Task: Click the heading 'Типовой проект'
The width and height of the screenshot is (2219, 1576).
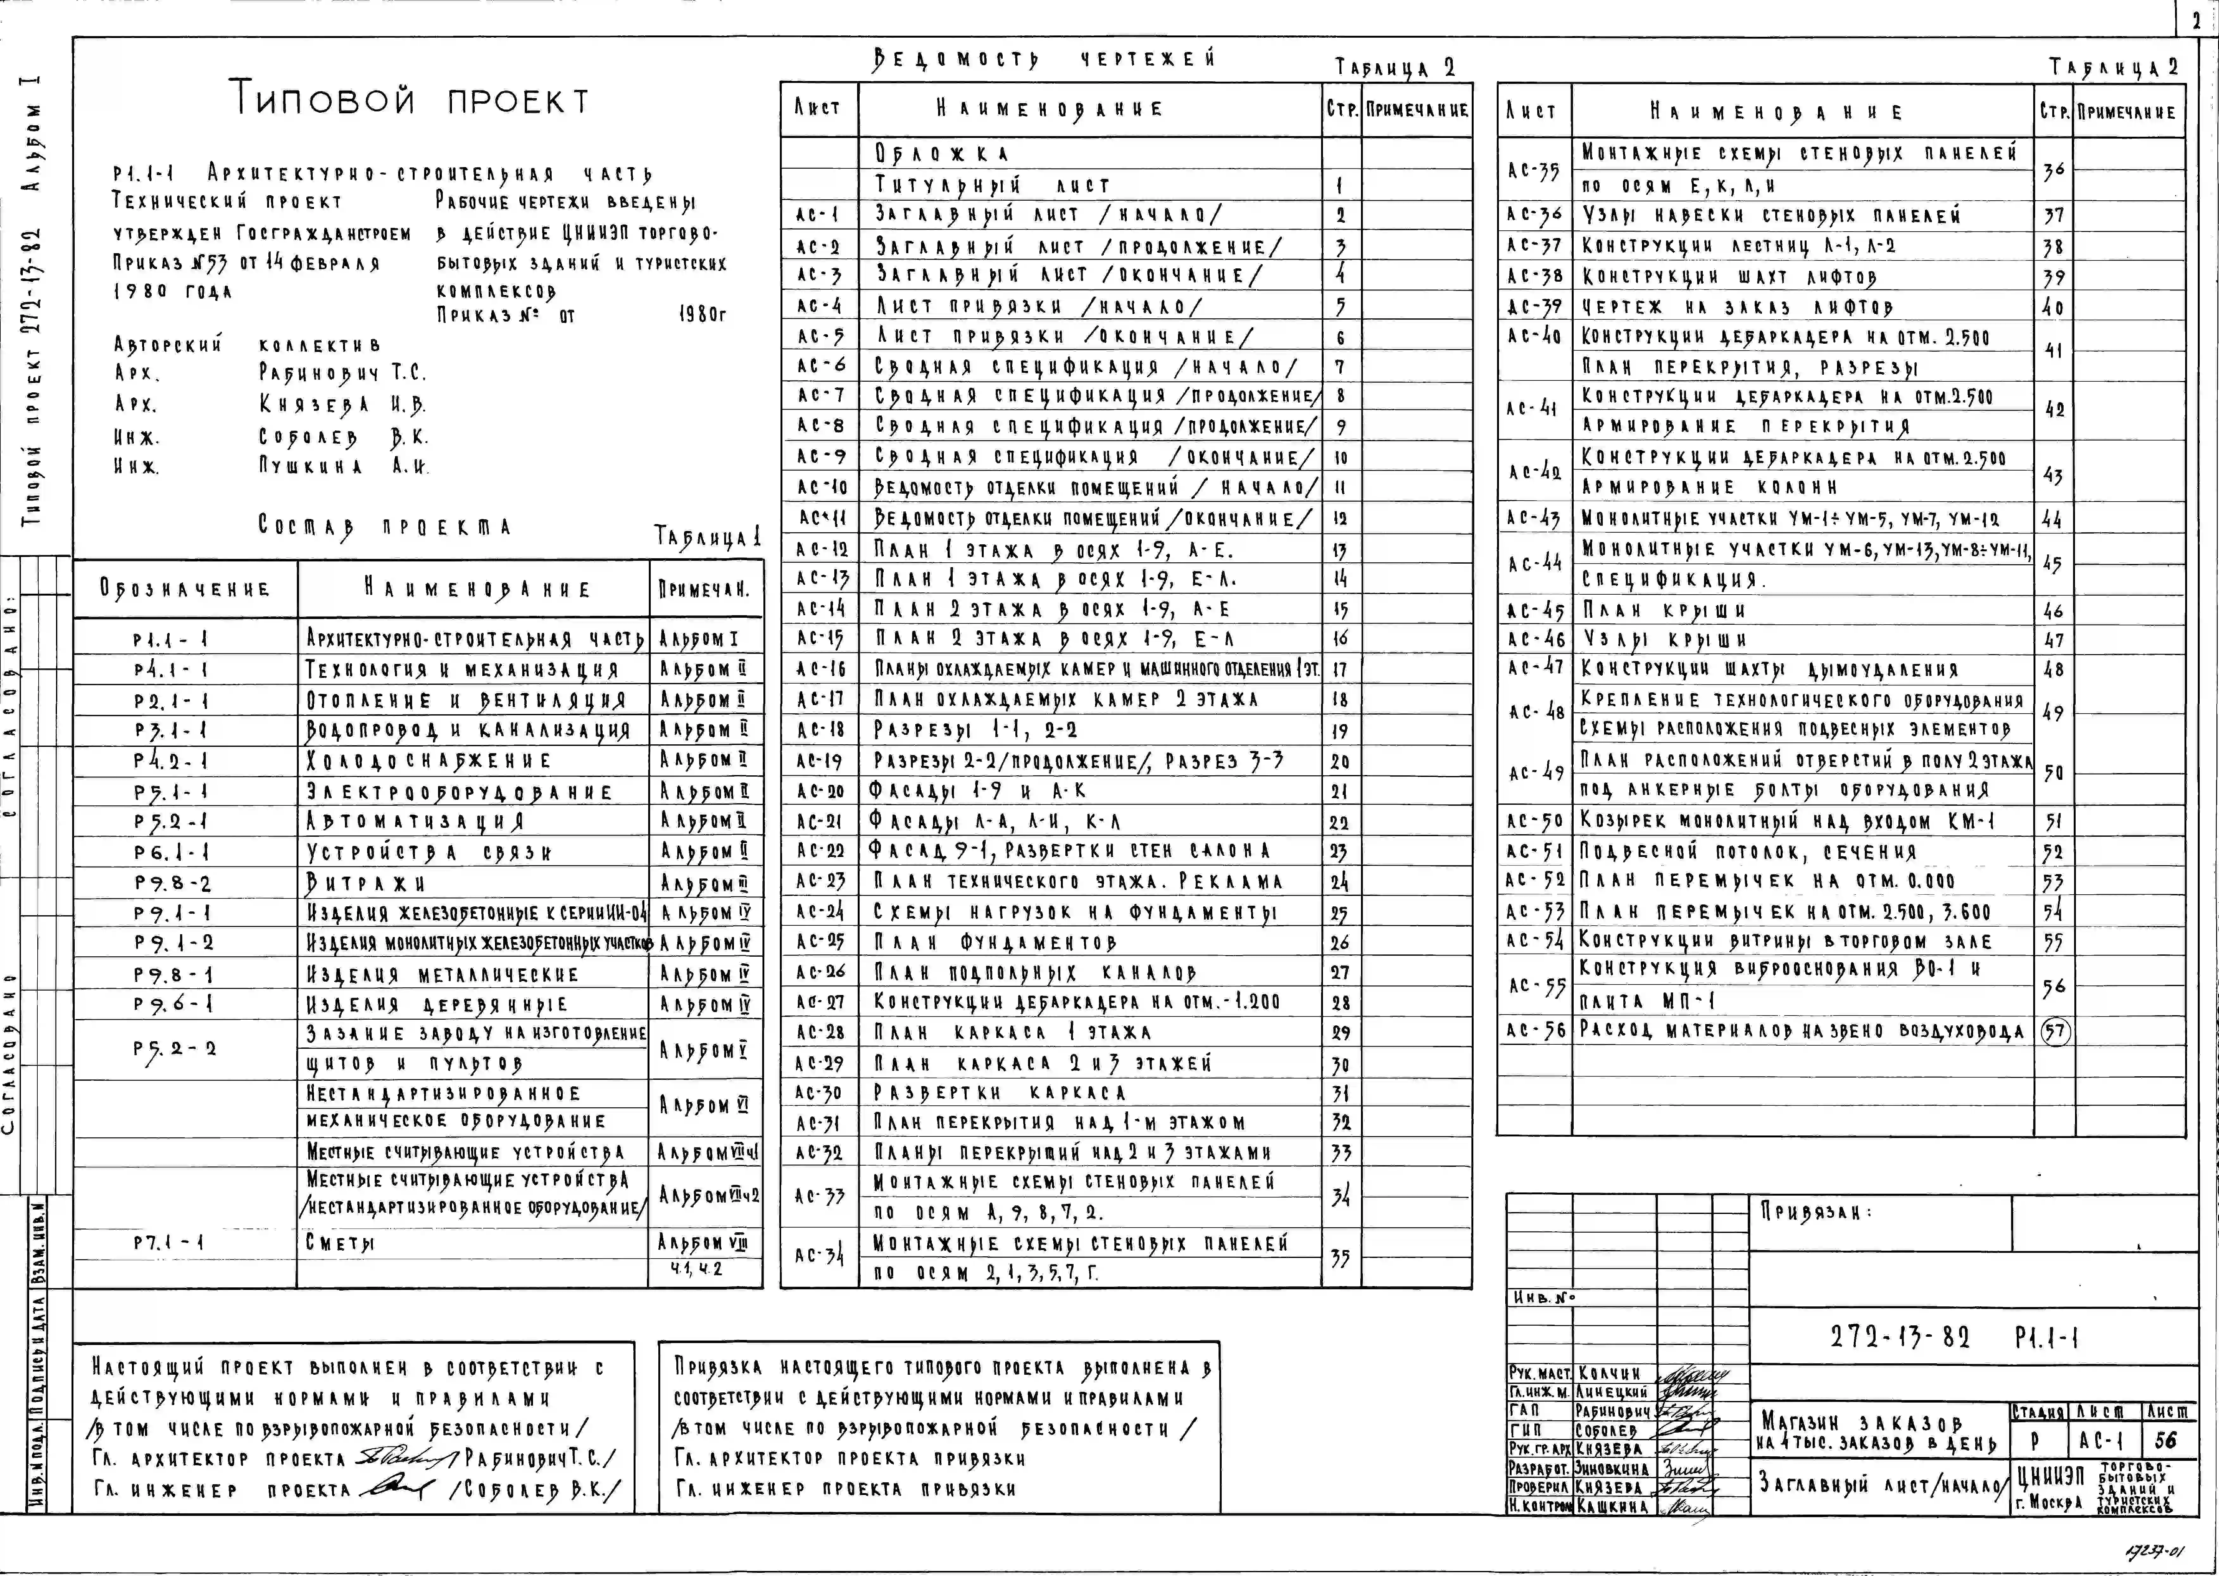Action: pos(409,100)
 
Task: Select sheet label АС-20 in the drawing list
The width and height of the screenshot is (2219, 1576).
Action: pos(820,791)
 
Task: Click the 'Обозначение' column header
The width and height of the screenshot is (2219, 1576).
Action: pos(184,589)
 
